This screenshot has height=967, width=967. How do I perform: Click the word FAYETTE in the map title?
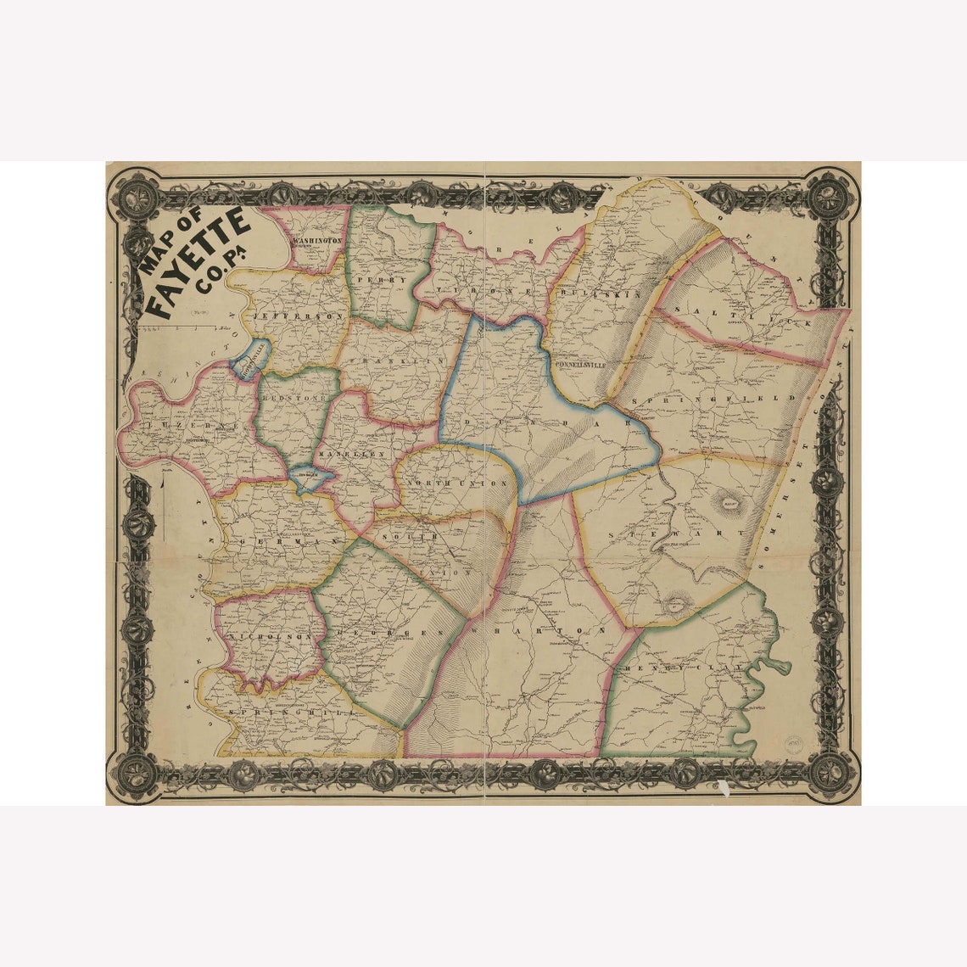tap(198, 259)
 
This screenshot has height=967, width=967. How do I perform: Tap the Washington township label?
tap(318, 241)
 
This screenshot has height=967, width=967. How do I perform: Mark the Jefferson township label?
tap(298, 315)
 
